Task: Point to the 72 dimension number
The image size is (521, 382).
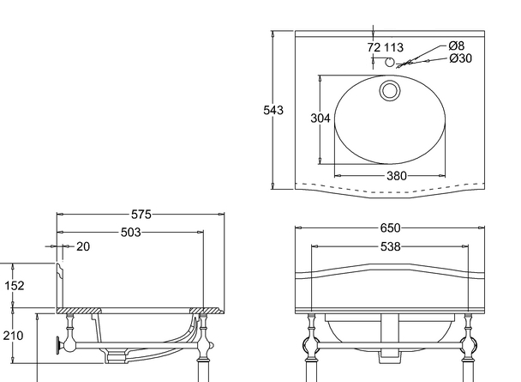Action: [374, 48]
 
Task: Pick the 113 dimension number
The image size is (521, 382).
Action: [393, 48]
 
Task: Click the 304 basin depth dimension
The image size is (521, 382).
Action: [319, 118]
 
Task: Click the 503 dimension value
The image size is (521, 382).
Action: [130, 232]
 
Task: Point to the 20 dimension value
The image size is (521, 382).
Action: [83, 246]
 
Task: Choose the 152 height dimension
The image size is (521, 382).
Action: [15, 286]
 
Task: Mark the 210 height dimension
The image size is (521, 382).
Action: [15, 336]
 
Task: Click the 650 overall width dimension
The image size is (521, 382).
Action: [390, 228]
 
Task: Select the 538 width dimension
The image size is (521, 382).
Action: [390, 247]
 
